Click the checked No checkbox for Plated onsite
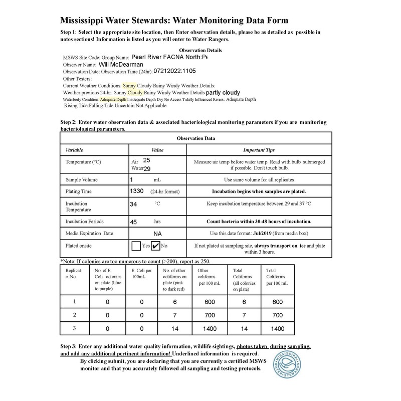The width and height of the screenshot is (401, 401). pos(155,246)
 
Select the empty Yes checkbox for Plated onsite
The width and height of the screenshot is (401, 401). pos(136,246)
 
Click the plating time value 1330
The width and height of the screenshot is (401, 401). pos(137,191)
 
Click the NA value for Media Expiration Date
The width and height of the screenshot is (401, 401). pos(157,234)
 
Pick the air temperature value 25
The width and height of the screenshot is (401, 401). pos(146,160)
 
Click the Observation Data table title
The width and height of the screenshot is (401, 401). pos(195,138)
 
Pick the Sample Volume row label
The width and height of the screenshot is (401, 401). pos(82,179)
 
